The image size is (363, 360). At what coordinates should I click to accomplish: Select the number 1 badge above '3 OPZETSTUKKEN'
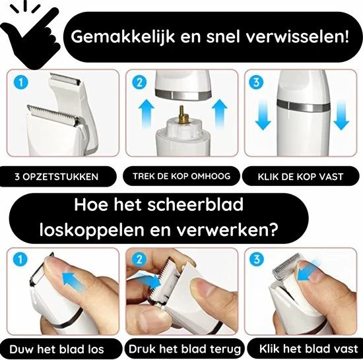coord(21,82)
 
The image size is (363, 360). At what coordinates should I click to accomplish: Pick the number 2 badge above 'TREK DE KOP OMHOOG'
coord(139,82)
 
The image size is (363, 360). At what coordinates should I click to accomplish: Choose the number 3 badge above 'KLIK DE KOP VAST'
coord(256,82)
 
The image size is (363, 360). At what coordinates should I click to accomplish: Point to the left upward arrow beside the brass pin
coord(147,114)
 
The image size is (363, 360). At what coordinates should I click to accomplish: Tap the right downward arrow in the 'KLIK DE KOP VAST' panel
coord(341,115)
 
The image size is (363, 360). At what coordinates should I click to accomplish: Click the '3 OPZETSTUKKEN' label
coord(57,177)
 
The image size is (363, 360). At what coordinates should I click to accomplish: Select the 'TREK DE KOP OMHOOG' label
coord(181,176)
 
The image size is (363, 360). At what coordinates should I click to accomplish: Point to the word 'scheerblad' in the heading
coord(195,204)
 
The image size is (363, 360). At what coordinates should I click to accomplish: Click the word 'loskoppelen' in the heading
coord(92,230)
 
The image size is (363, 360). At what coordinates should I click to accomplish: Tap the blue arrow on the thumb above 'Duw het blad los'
coord(74,281)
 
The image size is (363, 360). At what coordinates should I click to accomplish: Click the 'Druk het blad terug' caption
coord(185,349)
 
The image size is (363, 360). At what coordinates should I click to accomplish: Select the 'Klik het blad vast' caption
coord(309,348)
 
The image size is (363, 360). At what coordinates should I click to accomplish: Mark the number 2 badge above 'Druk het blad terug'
coord(139,259)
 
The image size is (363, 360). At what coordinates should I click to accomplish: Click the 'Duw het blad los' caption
coord(57,349)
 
